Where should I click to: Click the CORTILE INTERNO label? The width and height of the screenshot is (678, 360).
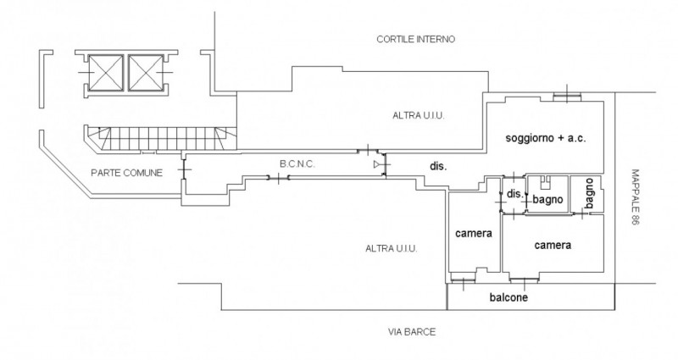(415, 39)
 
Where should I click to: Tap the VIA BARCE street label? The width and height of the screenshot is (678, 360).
(408, 332)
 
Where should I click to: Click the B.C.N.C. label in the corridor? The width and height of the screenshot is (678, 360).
(297, 163)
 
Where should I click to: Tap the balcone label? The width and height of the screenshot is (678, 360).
(508, 298)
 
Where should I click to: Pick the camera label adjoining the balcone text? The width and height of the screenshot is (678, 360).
(553, 245)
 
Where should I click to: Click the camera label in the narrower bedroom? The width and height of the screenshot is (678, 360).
(474, 233)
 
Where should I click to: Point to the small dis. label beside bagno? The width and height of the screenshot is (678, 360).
(514, 194)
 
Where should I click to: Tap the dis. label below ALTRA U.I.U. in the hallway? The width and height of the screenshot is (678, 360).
(438, 166)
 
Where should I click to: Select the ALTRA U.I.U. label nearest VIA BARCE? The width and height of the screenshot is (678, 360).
(391, 248)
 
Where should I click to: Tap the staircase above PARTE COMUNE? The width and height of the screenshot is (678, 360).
(161, 135)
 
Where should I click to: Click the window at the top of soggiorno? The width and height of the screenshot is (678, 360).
(565, 97)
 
